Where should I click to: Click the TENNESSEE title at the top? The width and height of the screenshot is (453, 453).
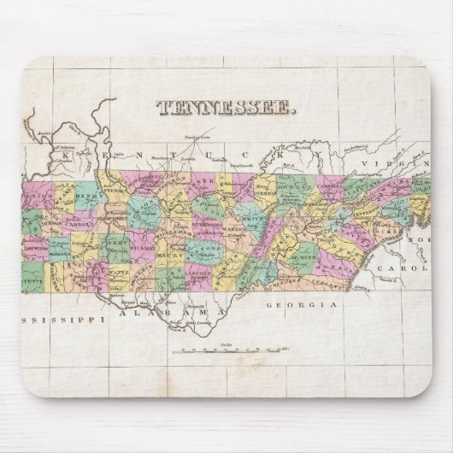click(x=227, y=108)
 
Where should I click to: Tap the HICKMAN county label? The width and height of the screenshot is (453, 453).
click(x=139, y=232)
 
